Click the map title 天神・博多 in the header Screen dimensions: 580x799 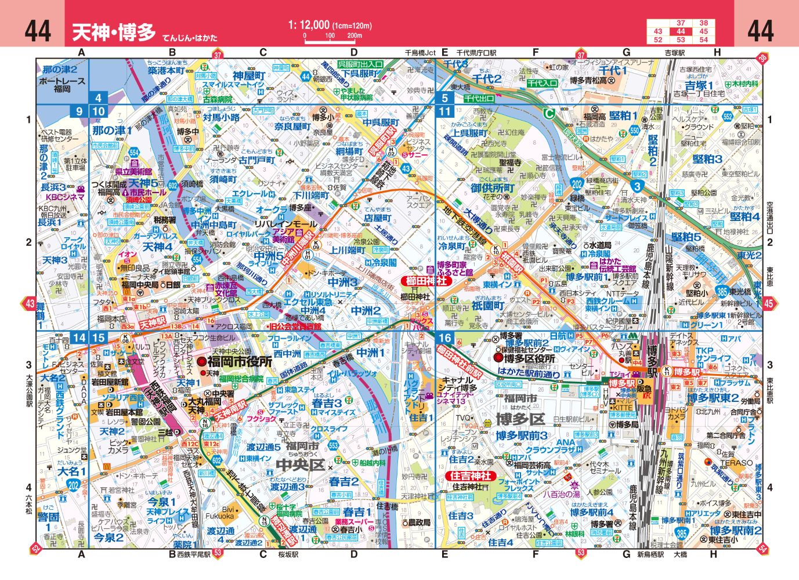tap(114, 32)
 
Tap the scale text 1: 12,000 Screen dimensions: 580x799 tap(309, 25)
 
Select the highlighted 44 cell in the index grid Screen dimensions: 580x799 tap(681, 31)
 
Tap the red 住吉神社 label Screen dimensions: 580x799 tap(471, 476)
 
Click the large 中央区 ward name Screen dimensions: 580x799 tap(300, 465)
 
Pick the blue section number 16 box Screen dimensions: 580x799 tap(446, 338)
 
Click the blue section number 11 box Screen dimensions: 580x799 tap(446, 111)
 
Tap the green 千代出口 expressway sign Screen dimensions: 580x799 tap(479, 99)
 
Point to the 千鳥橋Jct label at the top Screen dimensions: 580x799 tap(420, 53)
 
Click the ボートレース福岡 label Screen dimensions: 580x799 tap(62, 85)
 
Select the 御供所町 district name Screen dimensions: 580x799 tap(493, 188)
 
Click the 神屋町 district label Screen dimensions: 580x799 tap(249, 75)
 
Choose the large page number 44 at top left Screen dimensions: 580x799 tap(38, 30)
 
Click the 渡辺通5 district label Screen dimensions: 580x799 tap(263, 447)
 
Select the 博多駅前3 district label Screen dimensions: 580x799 tap(521, 435)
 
